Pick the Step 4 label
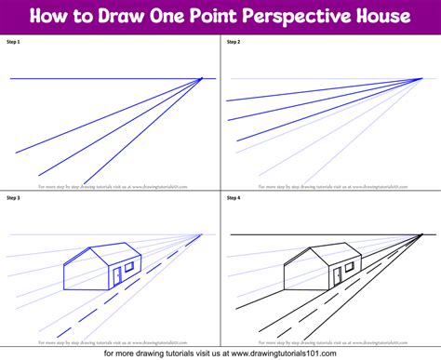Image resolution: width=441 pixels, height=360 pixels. coord(233,197)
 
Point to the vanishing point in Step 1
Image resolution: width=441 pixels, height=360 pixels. coord(202,79)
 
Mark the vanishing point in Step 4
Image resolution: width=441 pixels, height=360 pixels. coord(422,233)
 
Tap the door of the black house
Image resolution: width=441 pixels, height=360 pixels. coord(337,275)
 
